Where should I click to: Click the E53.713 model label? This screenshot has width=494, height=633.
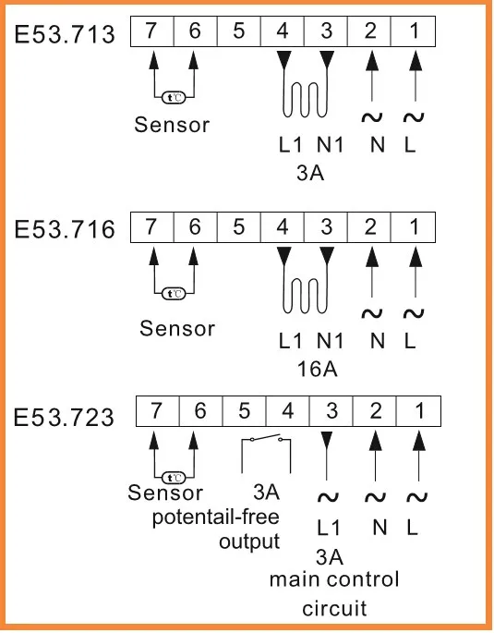pos(65,34)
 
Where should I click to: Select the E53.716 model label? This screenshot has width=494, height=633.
pos(65,229)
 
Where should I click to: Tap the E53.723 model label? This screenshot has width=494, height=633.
pos(64,417)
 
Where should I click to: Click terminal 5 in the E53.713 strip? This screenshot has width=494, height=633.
pos(239,31)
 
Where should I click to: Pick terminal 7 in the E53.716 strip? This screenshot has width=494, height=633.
pos(151,227)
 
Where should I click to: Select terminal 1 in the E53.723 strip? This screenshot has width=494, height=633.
pos(418,411)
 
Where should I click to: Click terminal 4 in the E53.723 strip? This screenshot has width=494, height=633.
pos(287,411)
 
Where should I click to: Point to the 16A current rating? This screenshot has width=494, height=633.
pos(317,369)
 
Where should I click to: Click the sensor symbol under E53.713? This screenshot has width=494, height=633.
pos(174,98)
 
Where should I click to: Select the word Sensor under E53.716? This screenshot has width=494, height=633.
pos(177,328)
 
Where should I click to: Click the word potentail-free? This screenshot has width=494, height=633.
pos(216,517)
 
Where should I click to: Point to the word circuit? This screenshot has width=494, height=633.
pos(334,608)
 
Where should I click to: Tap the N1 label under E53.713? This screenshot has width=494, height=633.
pos(330,145)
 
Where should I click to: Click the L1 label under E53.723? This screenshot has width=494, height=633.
pos(329,528)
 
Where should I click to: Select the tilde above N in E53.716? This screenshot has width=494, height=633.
pos(372,313)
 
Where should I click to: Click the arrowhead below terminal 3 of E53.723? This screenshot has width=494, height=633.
pos(327,441)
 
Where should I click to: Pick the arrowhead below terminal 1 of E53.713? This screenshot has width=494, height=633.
pos(416,61)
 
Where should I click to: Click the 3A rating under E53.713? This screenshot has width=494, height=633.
pos(310,173)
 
